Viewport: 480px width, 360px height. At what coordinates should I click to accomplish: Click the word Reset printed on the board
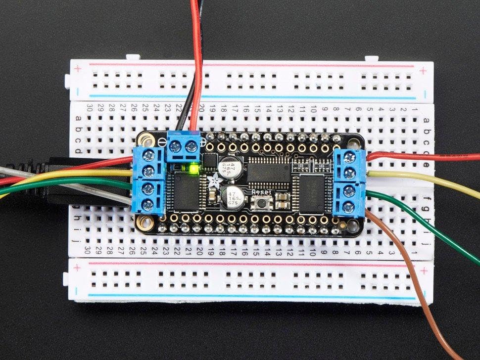click(260, 191)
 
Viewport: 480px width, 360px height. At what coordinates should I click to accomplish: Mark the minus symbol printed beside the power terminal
click(165, 141)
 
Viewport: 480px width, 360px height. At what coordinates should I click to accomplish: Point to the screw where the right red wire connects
click(350, 158)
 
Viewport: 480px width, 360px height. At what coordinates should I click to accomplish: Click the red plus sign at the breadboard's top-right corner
click(423, 71)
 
